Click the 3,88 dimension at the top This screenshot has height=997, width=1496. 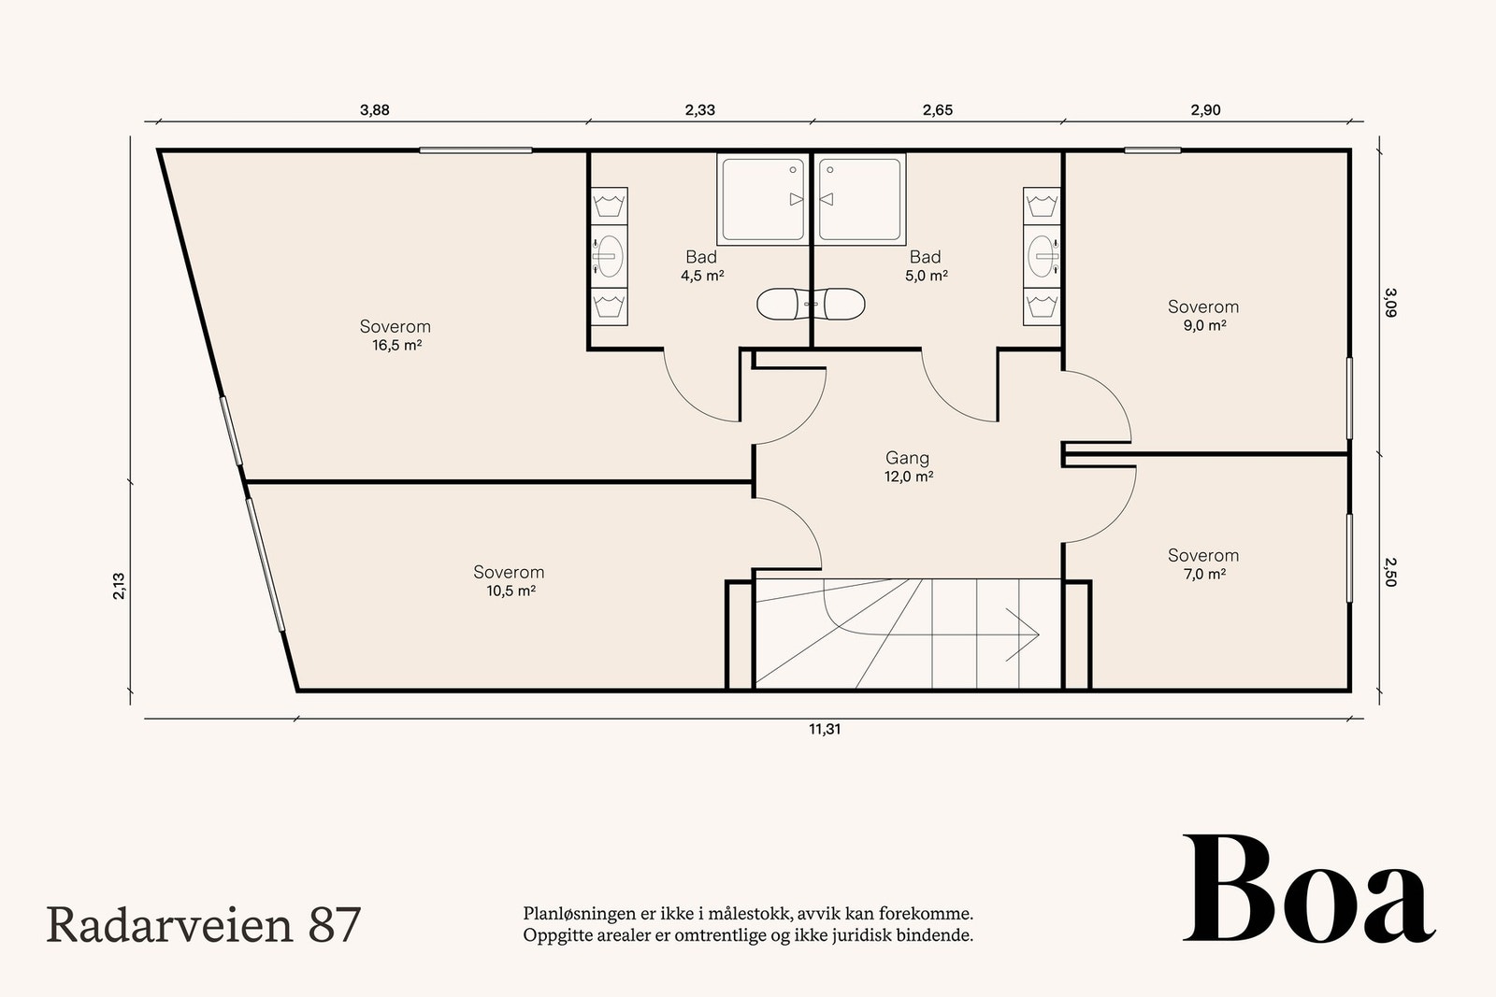point(374,110)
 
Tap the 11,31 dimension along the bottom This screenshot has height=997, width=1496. point(824,730)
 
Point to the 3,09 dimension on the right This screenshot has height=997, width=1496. point(1389,303)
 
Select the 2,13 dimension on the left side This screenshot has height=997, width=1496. point(119,586)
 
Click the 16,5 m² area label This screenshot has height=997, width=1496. point(396,345)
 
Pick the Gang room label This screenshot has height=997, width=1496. point(907,458)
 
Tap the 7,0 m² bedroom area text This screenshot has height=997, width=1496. point(1204,574)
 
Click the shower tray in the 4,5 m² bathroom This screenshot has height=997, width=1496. point(762,199)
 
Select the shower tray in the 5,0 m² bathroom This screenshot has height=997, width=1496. point(860,199)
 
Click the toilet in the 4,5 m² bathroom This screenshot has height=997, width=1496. point(783,305)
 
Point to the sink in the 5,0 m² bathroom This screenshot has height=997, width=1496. point(1043,256)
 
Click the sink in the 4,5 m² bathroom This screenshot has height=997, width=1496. point(609,256)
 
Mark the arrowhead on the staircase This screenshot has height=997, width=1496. point(1023,634)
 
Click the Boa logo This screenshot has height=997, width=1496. point(1309,889)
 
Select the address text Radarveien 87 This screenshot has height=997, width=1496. point(204,925)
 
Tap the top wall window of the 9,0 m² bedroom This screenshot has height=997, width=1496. point(1152,150)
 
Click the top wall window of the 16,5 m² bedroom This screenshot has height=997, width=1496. point(476,150)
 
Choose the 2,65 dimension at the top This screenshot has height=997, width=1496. point(938,110)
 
